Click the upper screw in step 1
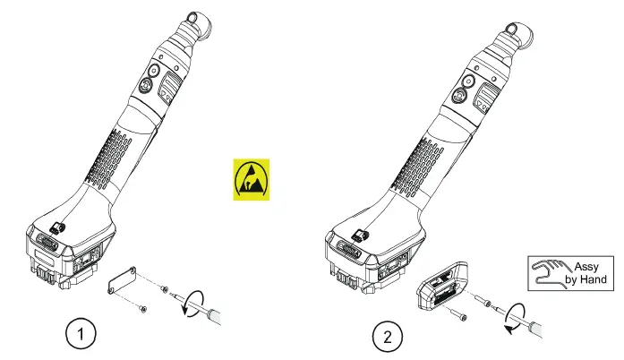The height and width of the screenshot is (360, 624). pos(164,289)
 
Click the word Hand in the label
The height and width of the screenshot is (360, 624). pos(597,279)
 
